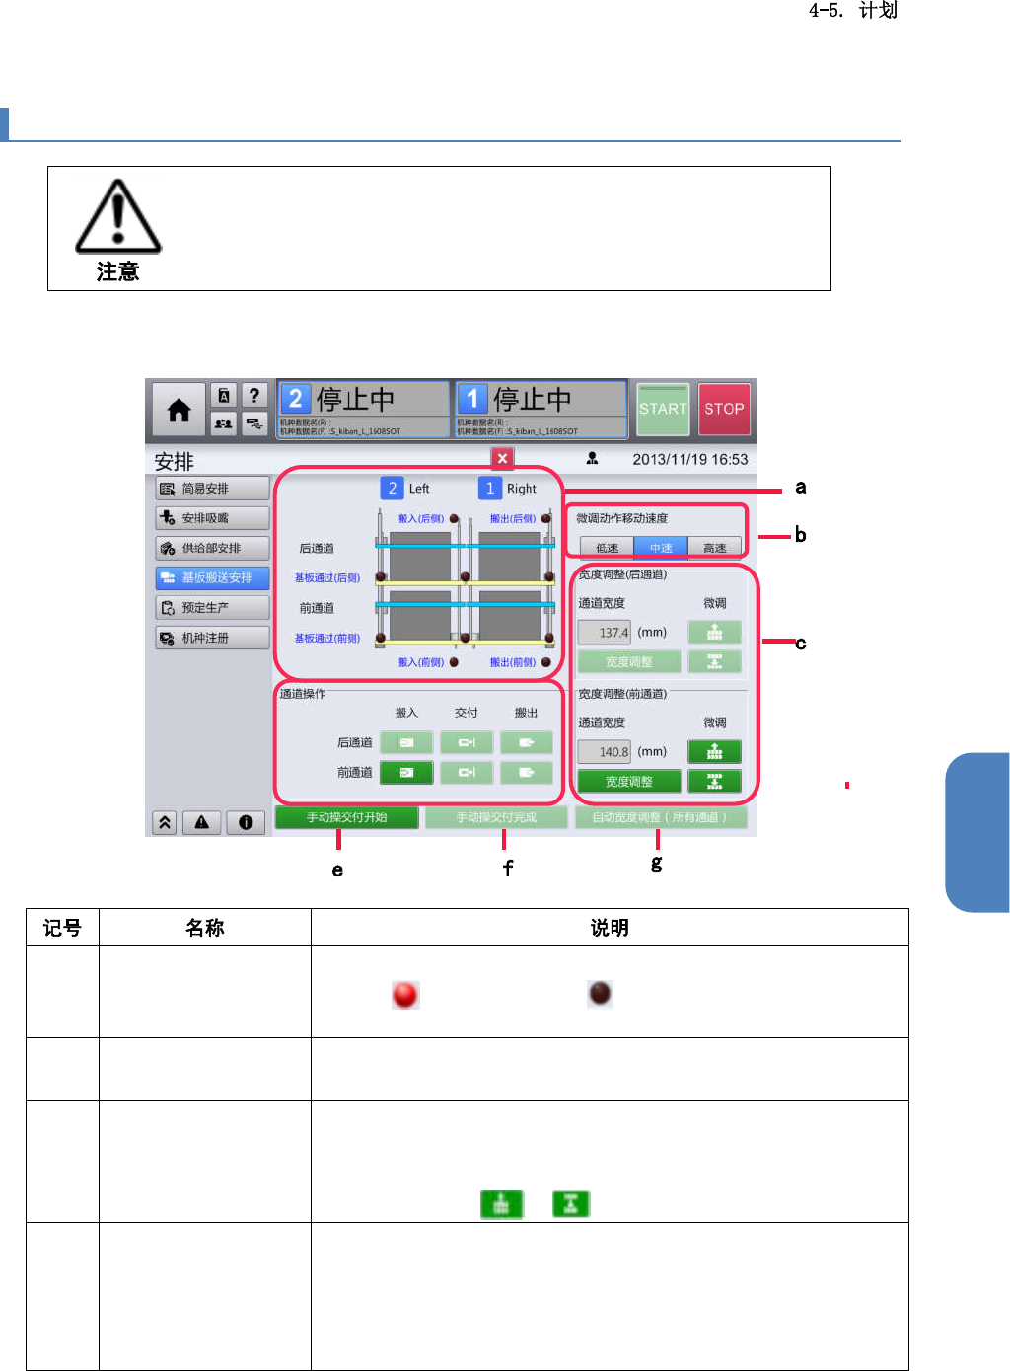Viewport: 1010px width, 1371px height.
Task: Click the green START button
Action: click(x=663, y=409)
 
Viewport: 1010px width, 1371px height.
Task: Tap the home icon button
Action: click(x=179, y=410)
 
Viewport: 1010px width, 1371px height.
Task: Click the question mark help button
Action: click(x=254, y=395)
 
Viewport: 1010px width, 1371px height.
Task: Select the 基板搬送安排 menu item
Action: click(x=212, y=577)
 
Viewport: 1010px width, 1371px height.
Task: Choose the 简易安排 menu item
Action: click(x=212, y=489)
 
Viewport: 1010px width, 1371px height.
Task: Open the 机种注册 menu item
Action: click(x=212, y=638)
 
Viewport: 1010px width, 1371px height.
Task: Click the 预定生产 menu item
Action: click(x=212, y=608)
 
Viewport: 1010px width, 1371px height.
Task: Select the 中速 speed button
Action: click(x=661, y=548)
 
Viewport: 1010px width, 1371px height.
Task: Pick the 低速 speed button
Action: click(x=607, y=548)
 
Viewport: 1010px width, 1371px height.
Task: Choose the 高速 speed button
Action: click(x=715, y=548)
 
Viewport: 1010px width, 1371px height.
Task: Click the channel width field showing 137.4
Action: click(x=605, y=633)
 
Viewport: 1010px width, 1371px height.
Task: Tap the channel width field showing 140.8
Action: click(x=605, y=752)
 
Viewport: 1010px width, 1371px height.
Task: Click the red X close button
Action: click(x=502, y=458)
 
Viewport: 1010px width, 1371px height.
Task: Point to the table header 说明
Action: click(x=610, y=928)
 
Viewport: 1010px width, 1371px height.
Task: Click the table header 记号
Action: click(x=62, y=928)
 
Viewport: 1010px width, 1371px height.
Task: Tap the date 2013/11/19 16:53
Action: click(x=689, y=459)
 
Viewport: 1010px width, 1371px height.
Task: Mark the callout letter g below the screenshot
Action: click(x=657, y=863)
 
